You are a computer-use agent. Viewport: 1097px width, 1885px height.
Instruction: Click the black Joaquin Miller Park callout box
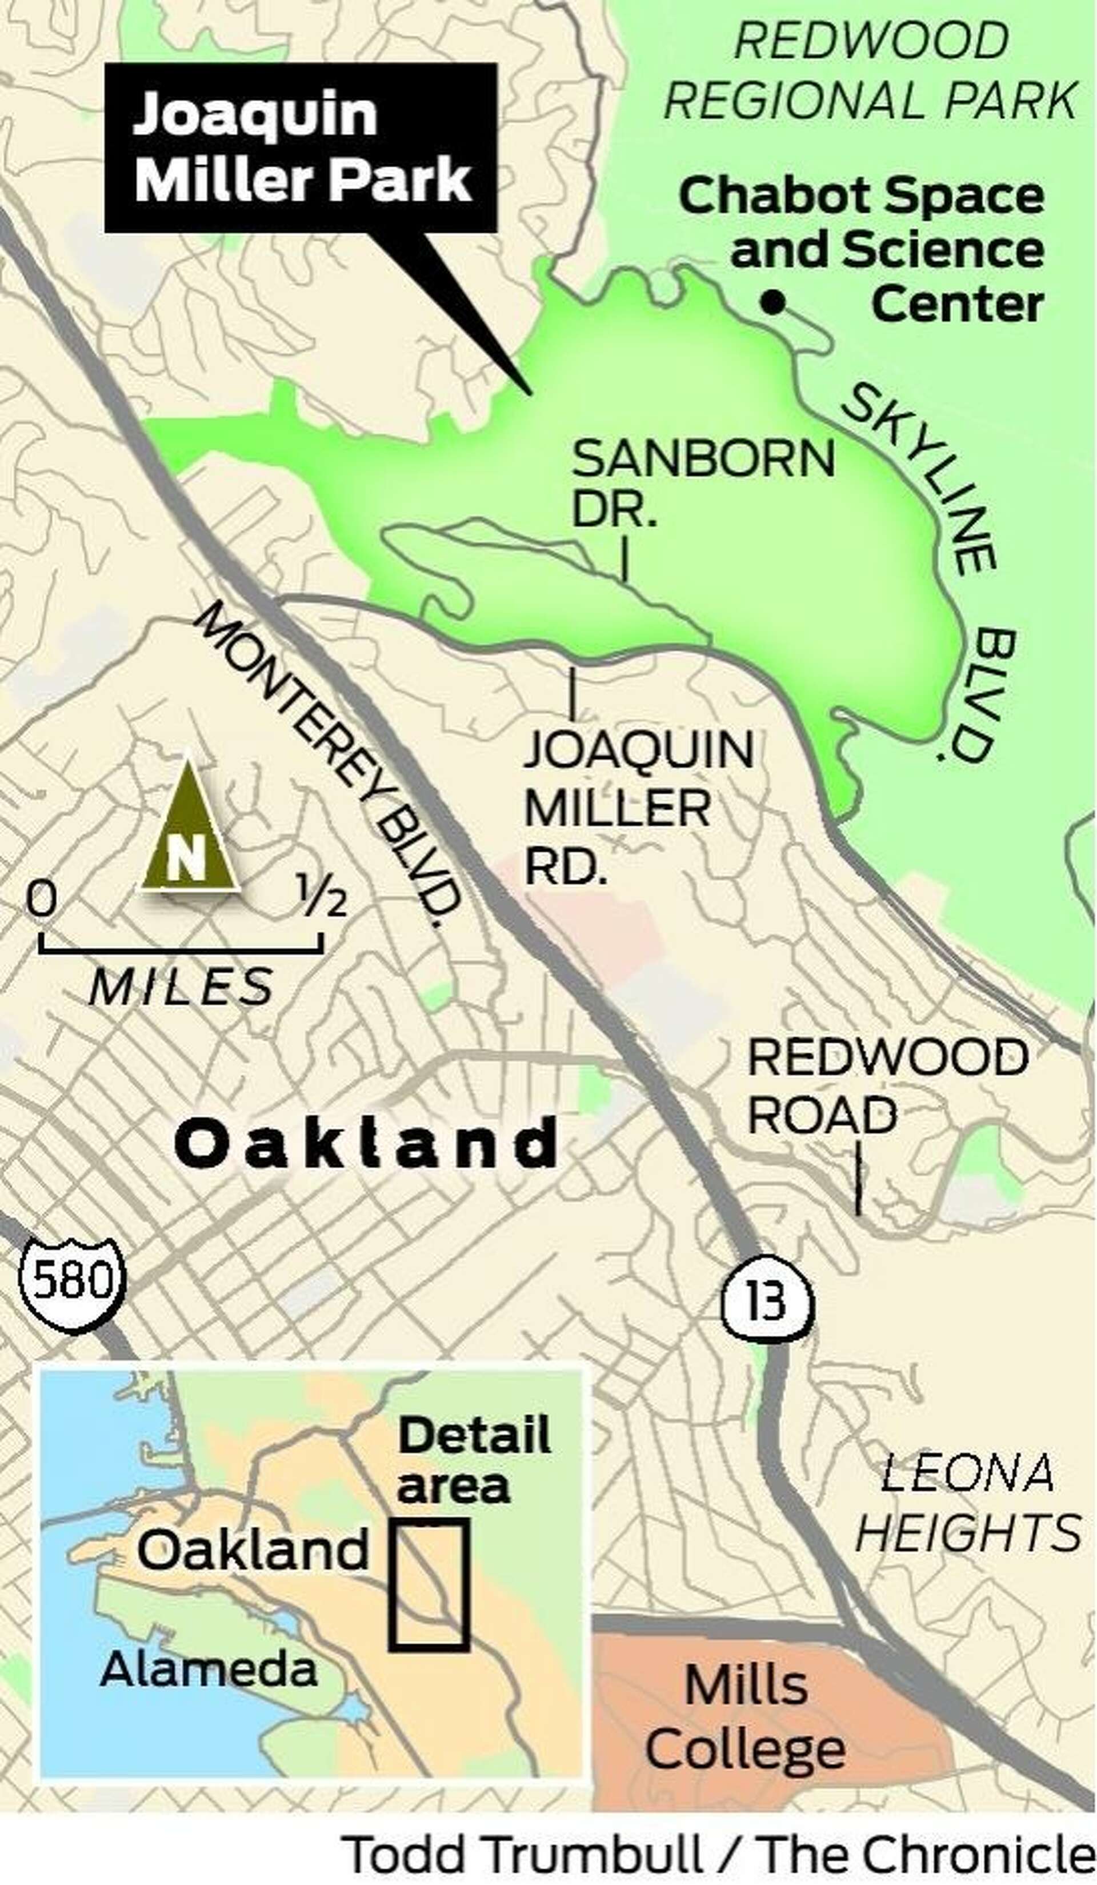(301, 147)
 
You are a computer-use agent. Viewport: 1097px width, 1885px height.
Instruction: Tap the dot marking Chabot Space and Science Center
(772, 302)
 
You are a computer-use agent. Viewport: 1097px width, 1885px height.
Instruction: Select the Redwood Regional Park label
(870, 70)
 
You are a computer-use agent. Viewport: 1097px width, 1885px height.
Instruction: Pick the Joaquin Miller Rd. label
(638, 808)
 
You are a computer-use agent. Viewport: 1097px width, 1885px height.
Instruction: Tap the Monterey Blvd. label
(327, 763)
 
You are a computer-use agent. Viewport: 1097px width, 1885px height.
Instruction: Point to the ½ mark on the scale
(322, 897)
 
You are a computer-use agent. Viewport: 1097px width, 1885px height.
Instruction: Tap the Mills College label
(745, 1708)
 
